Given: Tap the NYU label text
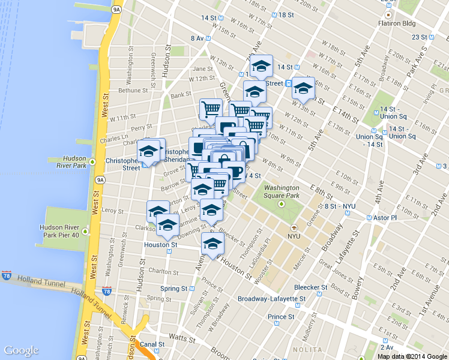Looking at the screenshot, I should (x=294, y=236).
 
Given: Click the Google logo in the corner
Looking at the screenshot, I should (x=21, y=350).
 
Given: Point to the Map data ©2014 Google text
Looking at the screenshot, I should (x=412, y=356).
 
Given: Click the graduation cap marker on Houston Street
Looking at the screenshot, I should (x=212, y=243).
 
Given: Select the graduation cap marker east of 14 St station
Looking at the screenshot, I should (x=303, y=88).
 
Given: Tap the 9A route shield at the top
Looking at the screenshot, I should (x=117, y=9).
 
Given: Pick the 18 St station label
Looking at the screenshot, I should (x=286, y=14).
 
